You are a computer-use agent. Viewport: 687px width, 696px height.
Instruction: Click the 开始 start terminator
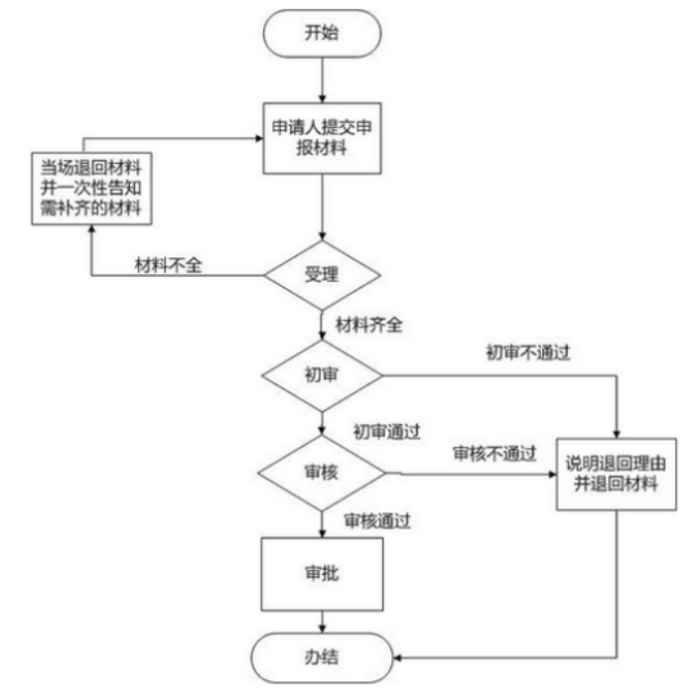pos(322,34)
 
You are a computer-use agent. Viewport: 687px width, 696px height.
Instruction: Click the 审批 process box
pos(322,574)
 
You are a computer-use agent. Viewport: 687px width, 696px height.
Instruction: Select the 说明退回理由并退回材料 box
pos(618,474)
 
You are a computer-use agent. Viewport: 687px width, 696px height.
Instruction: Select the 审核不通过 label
pos(494,454)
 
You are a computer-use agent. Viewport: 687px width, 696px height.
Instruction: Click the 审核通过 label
pos(377,519)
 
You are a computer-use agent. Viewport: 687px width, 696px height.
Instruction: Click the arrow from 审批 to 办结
pos(322,623)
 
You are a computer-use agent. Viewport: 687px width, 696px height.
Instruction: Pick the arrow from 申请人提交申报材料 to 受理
pos(322,209)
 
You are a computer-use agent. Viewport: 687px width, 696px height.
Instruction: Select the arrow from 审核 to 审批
pos(322,522)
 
